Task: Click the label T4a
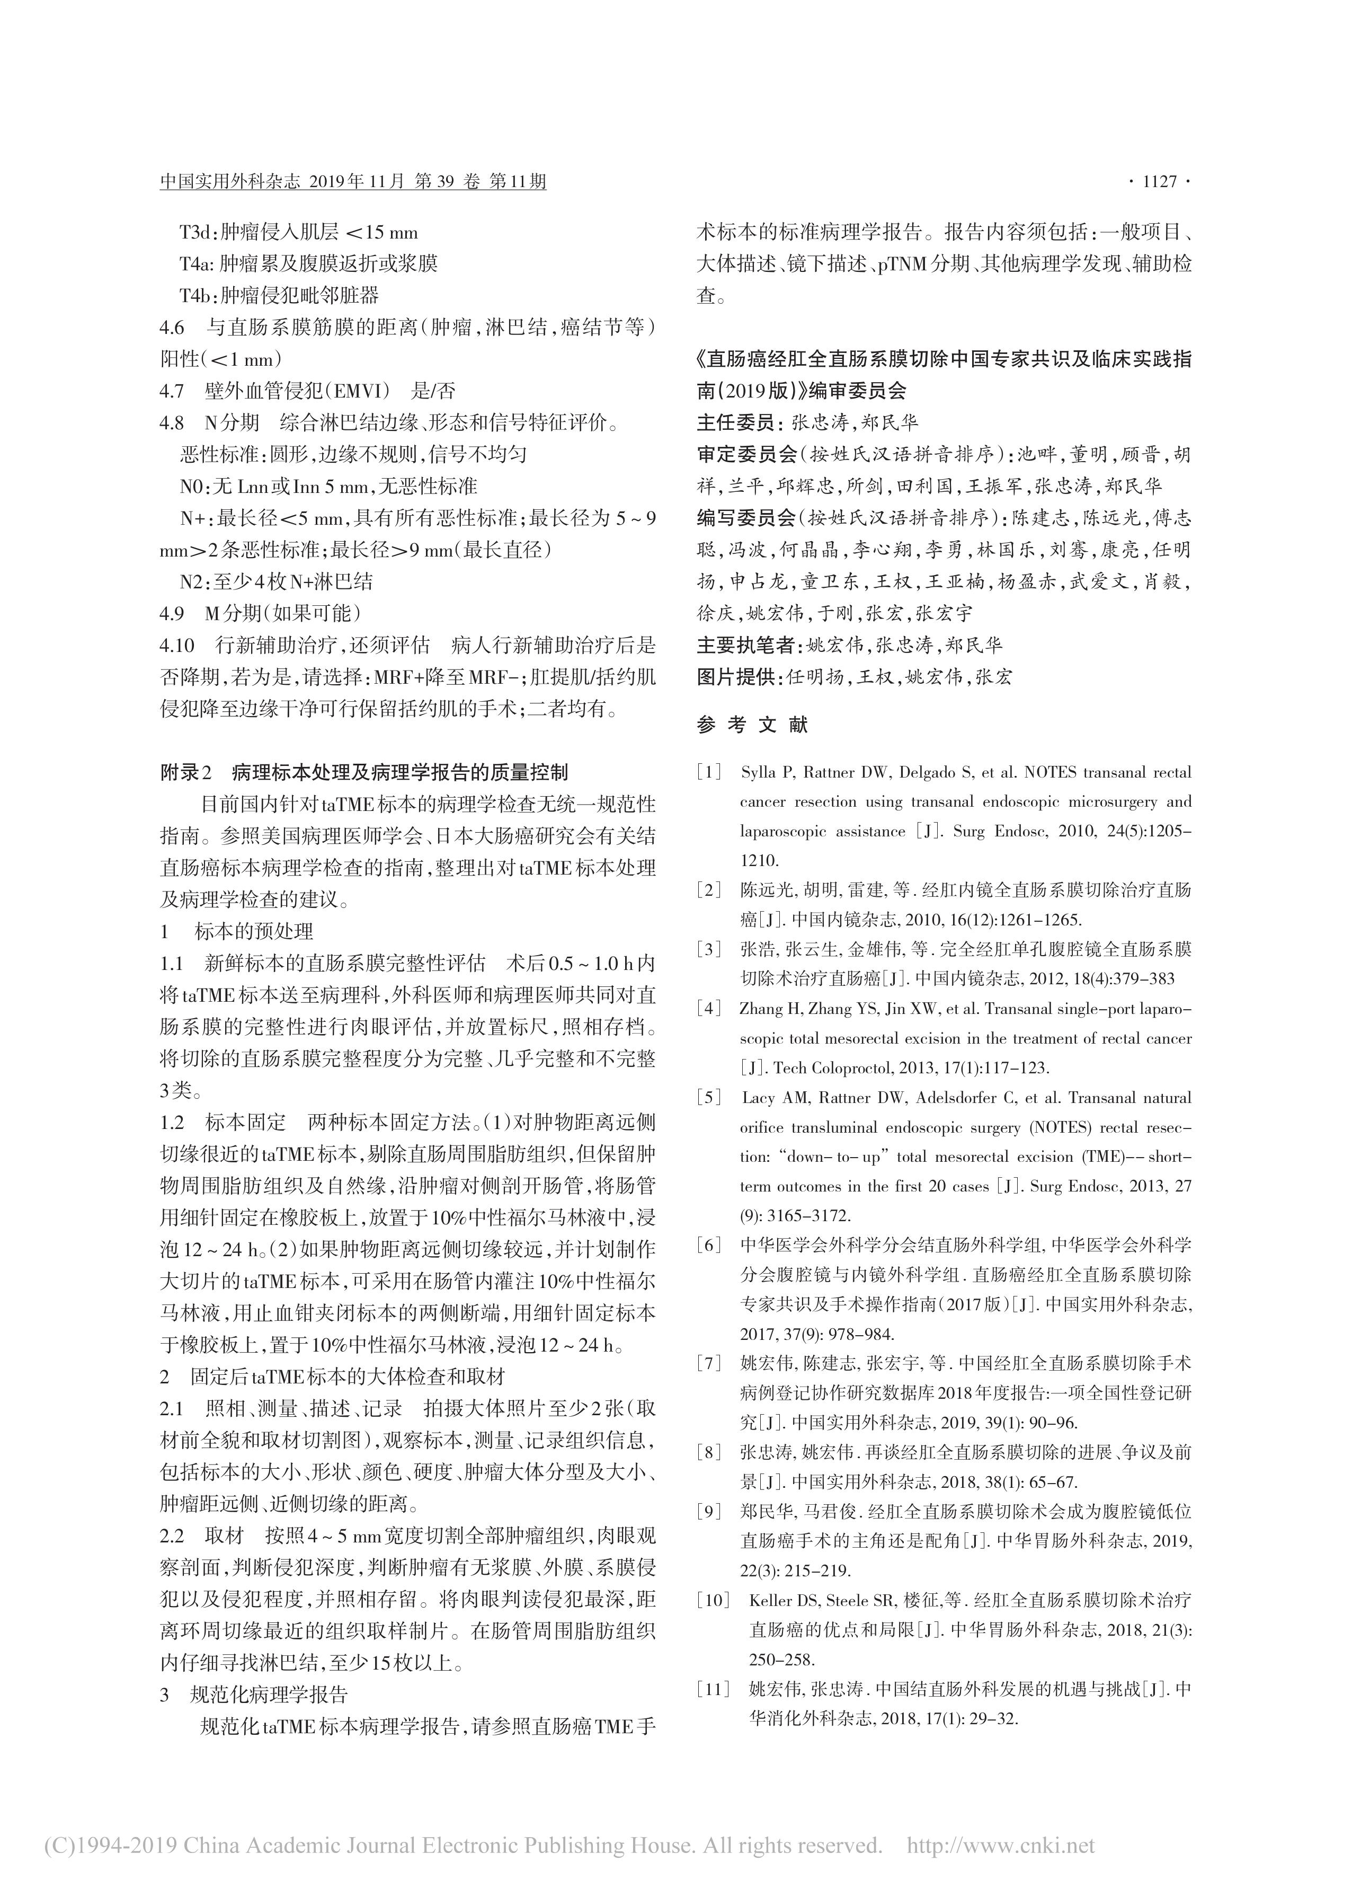(x=194, y=264)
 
